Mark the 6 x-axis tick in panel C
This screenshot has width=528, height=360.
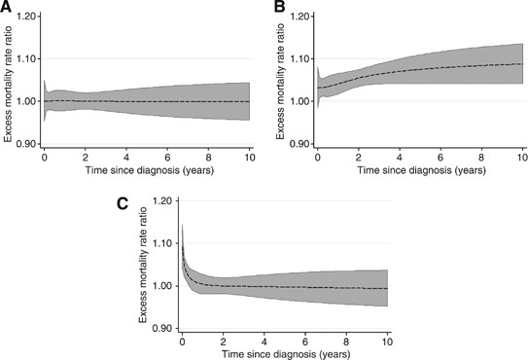pyautogui.click(x=306, y=341)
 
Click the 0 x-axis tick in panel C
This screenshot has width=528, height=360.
pyautogui.click(x=182, y=341)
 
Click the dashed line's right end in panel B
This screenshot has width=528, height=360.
pyautogui.click(x=523, y=64)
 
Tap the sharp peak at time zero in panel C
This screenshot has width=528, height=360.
pyautogui.click(x=183, y=226)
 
